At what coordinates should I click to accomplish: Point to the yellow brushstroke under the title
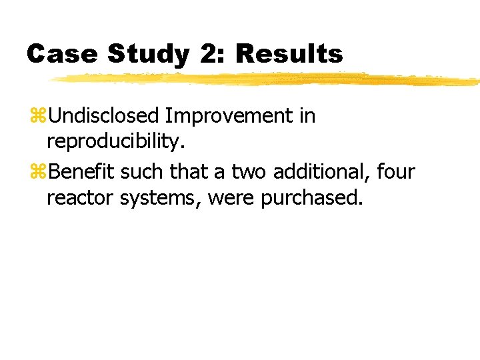point(267,80)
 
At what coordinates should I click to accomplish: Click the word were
point(231,199)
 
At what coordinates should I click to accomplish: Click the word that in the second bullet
point(191,172)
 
